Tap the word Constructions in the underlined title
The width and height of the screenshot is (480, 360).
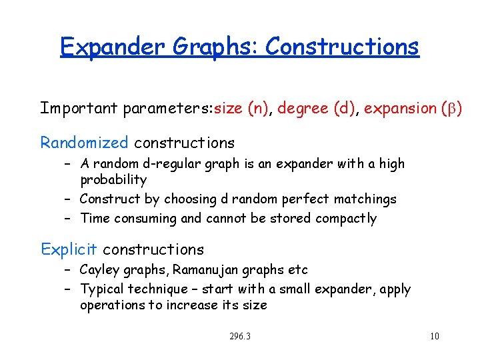click(342, 47)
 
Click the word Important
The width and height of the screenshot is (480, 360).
click(80, 108)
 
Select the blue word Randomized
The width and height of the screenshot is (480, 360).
click(84, 143)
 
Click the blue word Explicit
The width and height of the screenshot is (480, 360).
click(69, 249)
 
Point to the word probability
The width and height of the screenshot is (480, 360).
click(113, 179)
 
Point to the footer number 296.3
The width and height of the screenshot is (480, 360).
click(239, 336)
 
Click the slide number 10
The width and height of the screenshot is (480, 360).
click(434, 336)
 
